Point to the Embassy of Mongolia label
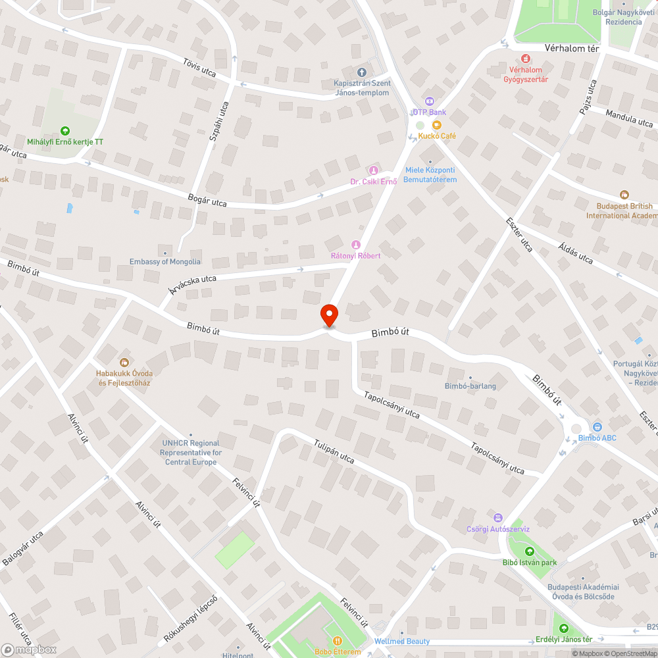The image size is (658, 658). [x=165, y=261]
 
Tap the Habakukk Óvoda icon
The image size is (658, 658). [x=124, y=362]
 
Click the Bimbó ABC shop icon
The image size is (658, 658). [x=597, y=428]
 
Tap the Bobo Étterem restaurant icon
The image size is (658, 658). [x=337, y=641]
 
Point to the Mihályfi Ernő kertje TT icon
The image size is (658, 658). [x=64, y=131]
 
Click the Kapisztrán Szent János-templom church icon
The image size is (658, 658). [x=361, y=72]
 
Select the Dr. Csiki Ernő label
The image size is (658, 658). [x=373, y=182]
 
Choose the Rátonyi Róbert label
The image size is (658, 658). [x=355, y=255]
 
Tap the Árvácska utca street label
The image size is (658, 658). [x=191, y=284]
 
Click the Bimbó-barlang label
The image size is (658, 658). [x=470, y=386]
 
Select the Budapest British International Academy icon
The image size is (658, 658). [x=624, y=195]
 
